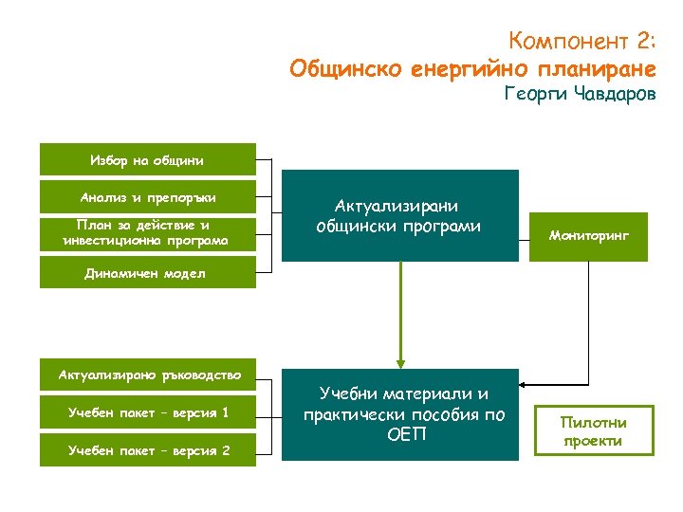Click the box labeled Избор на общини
pos(147,159)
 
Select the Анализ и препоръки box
pos(147,196)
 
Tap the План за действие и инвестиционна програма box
pos(147,233)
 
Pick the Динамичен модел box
pos(147,273)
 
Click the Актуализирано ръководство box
pos(147,375)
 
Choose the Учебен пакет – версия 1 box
pos(147,412)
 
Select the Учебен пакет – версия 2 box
pos(147,449)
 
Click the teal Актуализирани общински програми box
pos(399,215)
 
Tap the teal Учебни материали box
pos(399,413)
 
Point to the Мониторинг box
pos(588,234)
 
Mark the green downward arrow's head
pos(400,360)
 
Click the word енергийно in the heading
pos(471,69)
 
